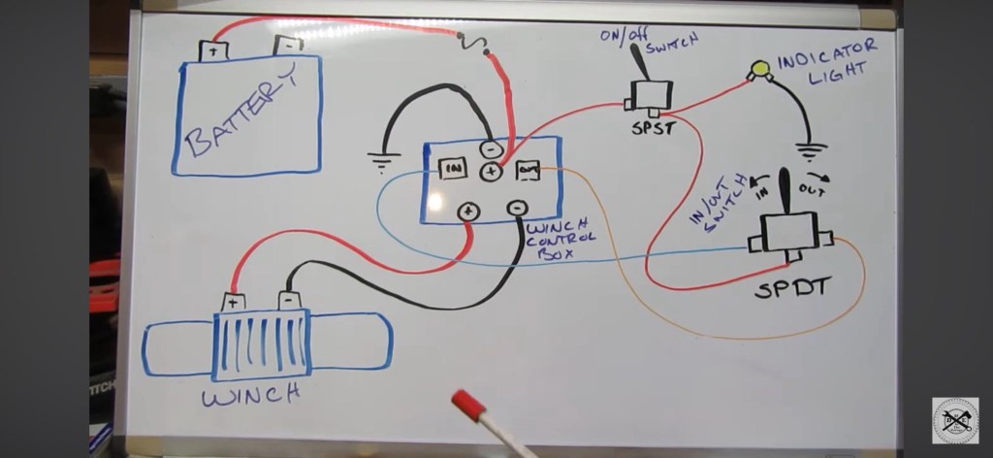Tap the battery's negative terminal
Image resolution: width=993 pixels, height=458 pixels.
click(x=288, y=44)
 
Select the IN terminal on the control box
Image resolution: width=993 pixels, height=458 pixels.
click(x=453, y=168)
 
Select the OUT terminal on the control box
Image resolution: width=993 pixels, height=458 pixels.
click(x=528, y=170)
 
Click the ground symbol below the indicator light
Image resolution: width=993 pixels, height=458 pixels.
click(x=811, y=151)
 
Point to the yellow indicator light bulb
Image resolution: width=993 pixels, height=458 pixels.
click(x=757, y=69)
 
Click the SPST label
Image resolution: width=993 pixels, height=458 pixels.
click(x=649, y=127)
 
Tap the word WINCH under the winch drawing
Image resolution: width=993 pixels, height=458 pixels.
click(x=251, y=395)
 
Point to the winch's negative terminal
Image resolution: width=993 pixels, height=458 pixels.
click(x=288, y=300)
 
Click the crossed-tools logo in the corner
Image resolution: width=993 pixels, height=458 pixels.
click(x=954, y=420)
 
